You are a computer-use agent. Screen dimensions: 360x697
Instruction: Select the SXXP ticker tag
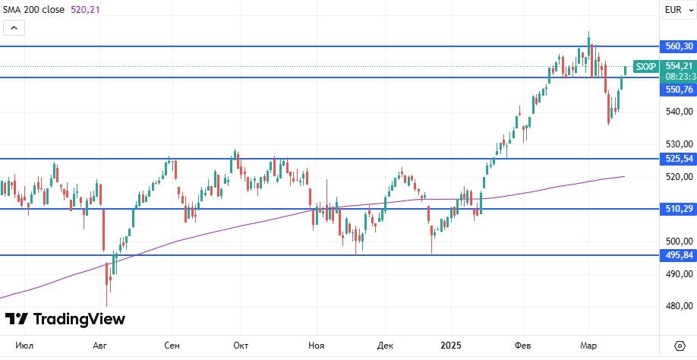645,67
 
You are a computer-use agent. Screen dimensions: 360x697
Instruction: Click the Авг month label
100,344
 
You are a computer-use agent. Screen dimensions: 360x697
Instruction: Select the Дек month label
385,344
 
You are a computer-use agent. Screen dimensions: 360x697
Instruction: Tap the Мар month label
589,344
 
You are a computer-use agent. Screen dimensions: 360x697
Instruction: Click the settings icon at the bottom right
679,344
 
